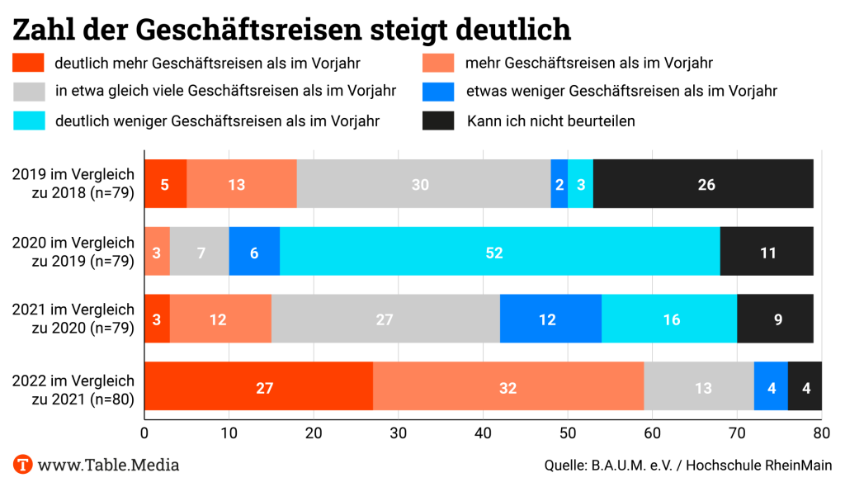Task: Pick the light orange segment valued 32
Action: point(508,387)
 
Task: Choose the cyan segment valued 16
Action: point(669,319)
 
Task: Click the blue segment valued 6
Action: point(254,253)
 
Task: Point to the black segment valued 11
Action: point(767,253)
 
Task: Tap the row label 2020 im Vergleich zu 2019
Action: point(73,253)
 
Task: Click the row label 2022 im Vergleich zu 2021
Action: point(73,388)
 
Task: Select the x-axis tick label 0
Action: point(145,433)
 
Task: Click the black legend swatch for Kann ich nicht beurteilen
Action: point(438,121)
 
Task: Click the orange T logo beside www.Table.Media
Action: point(23,465)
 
